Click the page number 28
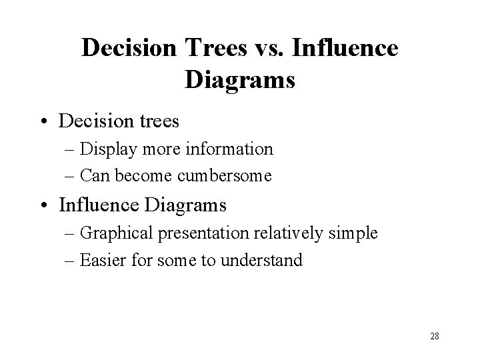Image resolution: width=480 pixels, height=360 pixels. pyautogui.click(x=434, y=337)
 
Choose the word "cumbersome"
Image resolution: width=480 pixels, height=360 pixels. pyautogui.click(x=225, y=175)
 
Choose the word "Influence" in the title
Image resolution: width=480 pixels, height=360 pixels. pyautogui.click(x=345, y=48)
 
